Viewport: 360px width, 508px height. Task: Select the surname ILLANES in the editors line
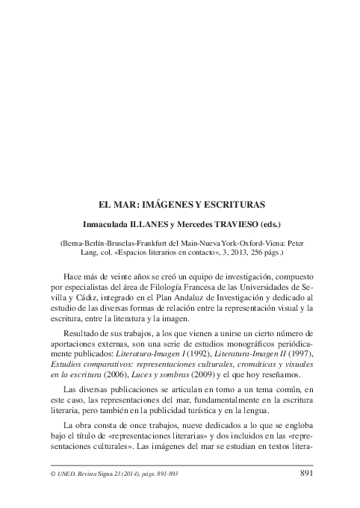pyautogui.click(x=141, y=223)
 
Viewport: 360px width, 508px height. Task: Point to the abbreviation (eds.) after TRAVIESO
pyautogui.click(x=264, y=223)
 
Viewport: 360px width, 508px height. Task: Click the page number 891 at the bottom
pyautogui.click(x=311, y=474)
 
